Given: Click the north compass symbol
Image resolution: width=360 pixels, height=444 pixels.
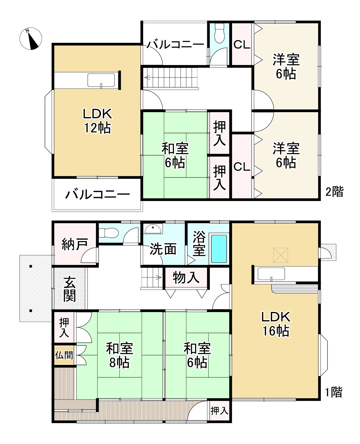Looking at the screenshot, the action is coord(31,38).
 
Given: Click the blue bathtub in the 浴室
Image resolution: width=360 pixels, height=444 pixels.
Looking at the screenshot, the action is coord(219,249).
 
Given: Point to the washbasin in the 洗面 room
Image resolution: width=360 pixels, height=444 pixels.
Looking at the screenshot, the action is coord(153,229).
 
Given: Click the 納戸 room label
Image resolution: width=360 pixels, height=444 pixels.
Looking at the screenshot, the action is coord(75,244).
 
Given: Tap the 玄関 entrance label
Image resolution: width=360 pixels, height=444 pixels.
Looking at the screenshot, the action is coord(70,289).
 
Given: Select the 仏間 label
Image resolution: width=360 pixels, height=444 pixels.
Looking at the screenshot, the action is coord(64,355).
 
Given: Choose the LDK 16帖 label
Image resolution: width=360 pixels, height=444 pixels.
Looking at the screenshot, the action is coord(276,324).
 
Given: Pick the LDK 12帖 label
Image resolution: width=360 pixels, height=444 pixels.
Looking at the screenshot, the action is coord(97,121).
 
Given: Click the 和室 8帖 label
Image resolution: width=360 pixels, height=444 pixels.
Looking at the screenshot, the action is coord(119,355).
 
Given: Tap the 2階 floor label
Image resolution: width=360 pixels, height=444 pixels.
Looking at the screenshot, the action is coord(334,192).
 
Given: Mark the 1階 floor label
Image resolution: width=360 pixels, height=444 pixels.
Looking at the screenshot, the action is coord(334,392).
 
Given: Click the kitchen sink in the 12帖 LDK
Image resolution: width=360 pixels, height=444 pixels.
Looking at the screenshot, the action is coord(101,80).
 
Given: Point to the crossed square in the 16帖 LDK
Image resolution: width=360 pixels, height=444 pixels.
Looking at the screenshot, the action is coord(280,255).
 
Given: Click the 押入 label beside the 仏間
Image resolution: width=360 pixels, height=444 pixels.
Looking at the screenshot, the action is coord(64,327).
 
